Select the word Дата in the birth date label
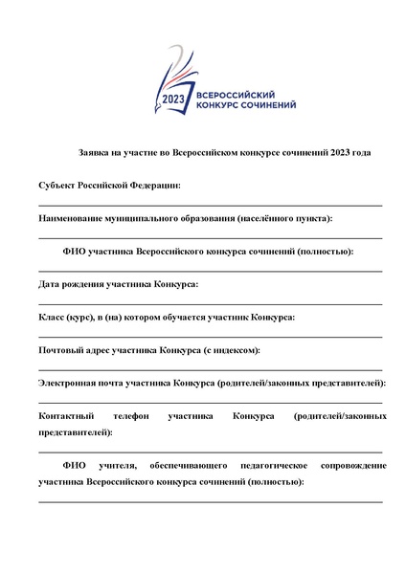coord(49,284)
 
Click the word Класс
coord(52,317)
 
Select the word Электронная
coord(71,383)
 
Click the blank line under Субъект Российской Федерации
coord(211,204)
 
